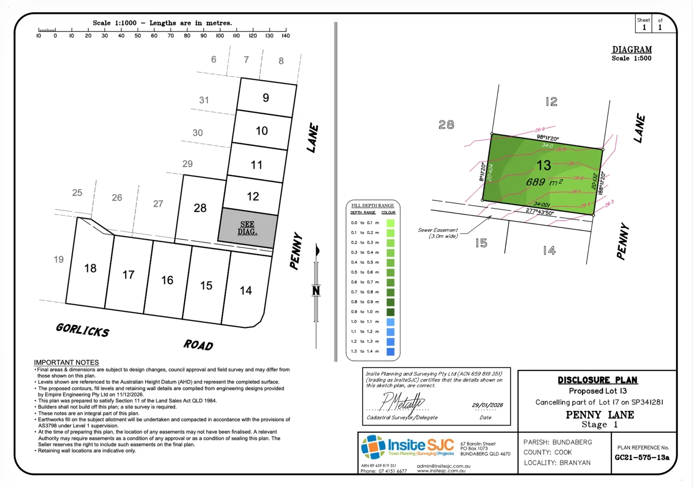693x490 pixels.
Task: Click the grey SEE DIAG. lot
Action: click(x=248, y=228)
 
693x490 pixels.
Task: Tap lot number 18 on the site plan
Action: click(x=90, y=268)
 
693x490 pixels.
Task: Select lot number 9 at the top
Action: click(x=266, y=98)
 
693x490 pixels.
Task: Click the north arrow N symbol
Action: click(x=316, y=290)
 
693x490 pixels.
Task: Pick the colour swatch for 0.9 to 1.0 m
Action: click(x=390, y=312)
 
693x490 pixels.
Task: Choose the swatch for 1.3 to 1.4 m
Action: click(x=390, y=351)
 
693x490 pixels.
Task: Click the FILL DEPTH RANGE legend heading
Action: click(x=372, y=206)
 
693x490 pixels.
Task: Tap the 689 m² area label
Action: click(x=544, y=182)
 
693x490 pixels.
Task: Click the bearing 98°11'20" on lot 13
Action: click(x=547, y=137)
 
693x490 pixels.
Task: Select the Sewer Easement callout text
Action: click(x=438, y=233)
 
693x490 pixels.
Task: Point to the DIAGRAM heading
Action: click(x=632, y=49)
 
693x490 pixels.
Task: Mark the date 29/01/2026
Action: click(x=487, y=405)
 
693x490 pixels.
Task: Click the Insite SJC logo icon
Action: click(x=373, y=447)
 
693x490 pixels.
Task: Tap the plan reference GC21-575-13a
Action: click(x=642, y=457)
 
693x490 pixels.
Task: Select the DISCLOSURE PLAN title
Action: click(x=597, y=380)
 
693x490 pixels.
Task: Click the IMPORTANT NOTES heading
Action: click(x=66, y=362)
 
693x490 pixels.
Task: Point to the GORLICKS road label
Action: click(x=83, y=330)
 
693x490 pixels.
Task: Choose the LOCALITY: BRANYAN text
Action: click(x=557, y=463)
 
